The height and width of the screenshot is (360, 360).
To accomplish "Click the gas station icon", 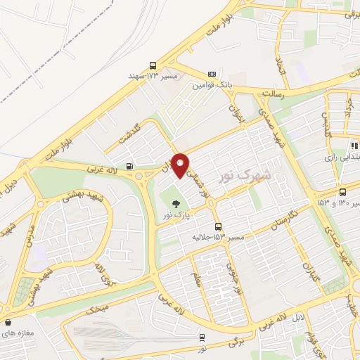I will pyautogui.click(x=129, y=167).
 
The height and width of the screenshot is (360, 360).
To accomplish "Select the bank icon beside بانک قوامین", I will pyautogui.click(x=212, y=73).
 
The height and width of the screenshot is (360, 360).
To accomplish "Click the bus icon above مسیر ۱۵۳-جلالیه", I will pyautogui.click(x=219, y=226).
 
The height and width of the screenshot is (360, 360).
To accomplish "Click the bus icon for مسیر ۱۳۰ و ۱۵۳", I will pyautogui.click(x=342, y=193).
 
